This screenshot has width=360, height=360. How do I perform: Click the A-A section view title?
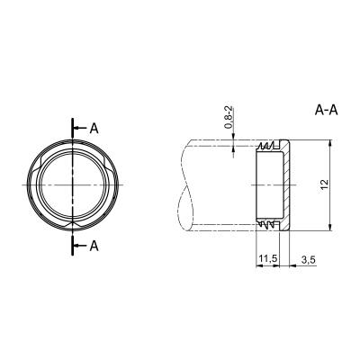click(327, 110)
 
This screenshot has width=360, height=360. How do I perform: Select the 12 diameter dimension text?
click(325, 184)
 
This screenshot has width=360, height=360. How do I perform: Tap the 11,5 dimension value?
click(267, 259)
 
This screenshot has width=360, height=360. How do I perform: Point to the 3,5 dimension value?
click(309, 260)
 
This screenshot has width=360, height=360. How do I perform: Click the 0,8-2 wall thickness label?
click(229, 117)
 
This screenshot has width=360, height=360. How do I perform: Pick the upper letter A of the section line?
click(94, 129)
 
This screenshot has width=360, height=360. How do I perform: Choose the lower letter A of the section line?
click(94, 246)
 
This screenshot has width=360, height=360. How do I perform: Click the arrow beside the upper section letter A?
click(80, 129)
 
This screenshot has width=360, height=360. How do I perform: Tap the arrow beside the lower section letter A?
click(80, 246)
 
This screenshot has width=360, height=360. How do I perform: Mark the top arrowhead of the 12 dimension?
click(330, 143)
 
